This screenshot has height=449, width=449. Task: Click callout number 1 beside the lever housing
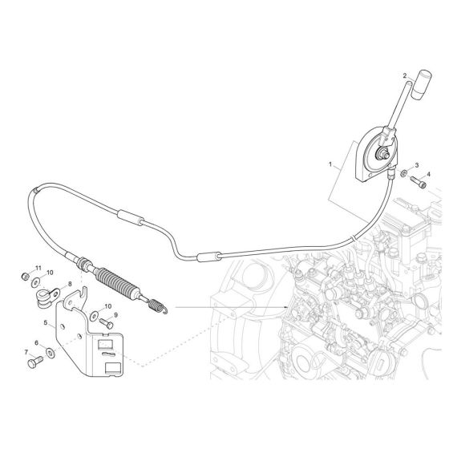tap(330, 164)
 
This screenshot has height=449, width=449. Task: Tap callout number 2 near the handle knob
tap(405, 76)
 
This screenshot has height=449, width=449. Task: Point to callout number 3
tap(417, 165)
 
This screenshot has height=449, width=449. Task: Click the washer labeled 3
tap(404, 173)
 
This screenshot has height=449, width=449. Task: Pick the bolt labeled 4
tap(419, 183)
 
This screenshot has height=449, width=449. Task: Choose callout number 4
tap(428, 174)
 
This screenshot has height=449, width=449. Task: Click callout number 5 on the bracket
tap(46, 322)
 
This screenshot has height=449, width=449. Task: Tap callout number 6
tap(36, 343)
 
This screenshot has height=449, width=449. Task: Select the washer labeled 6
tap(51, 353)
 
